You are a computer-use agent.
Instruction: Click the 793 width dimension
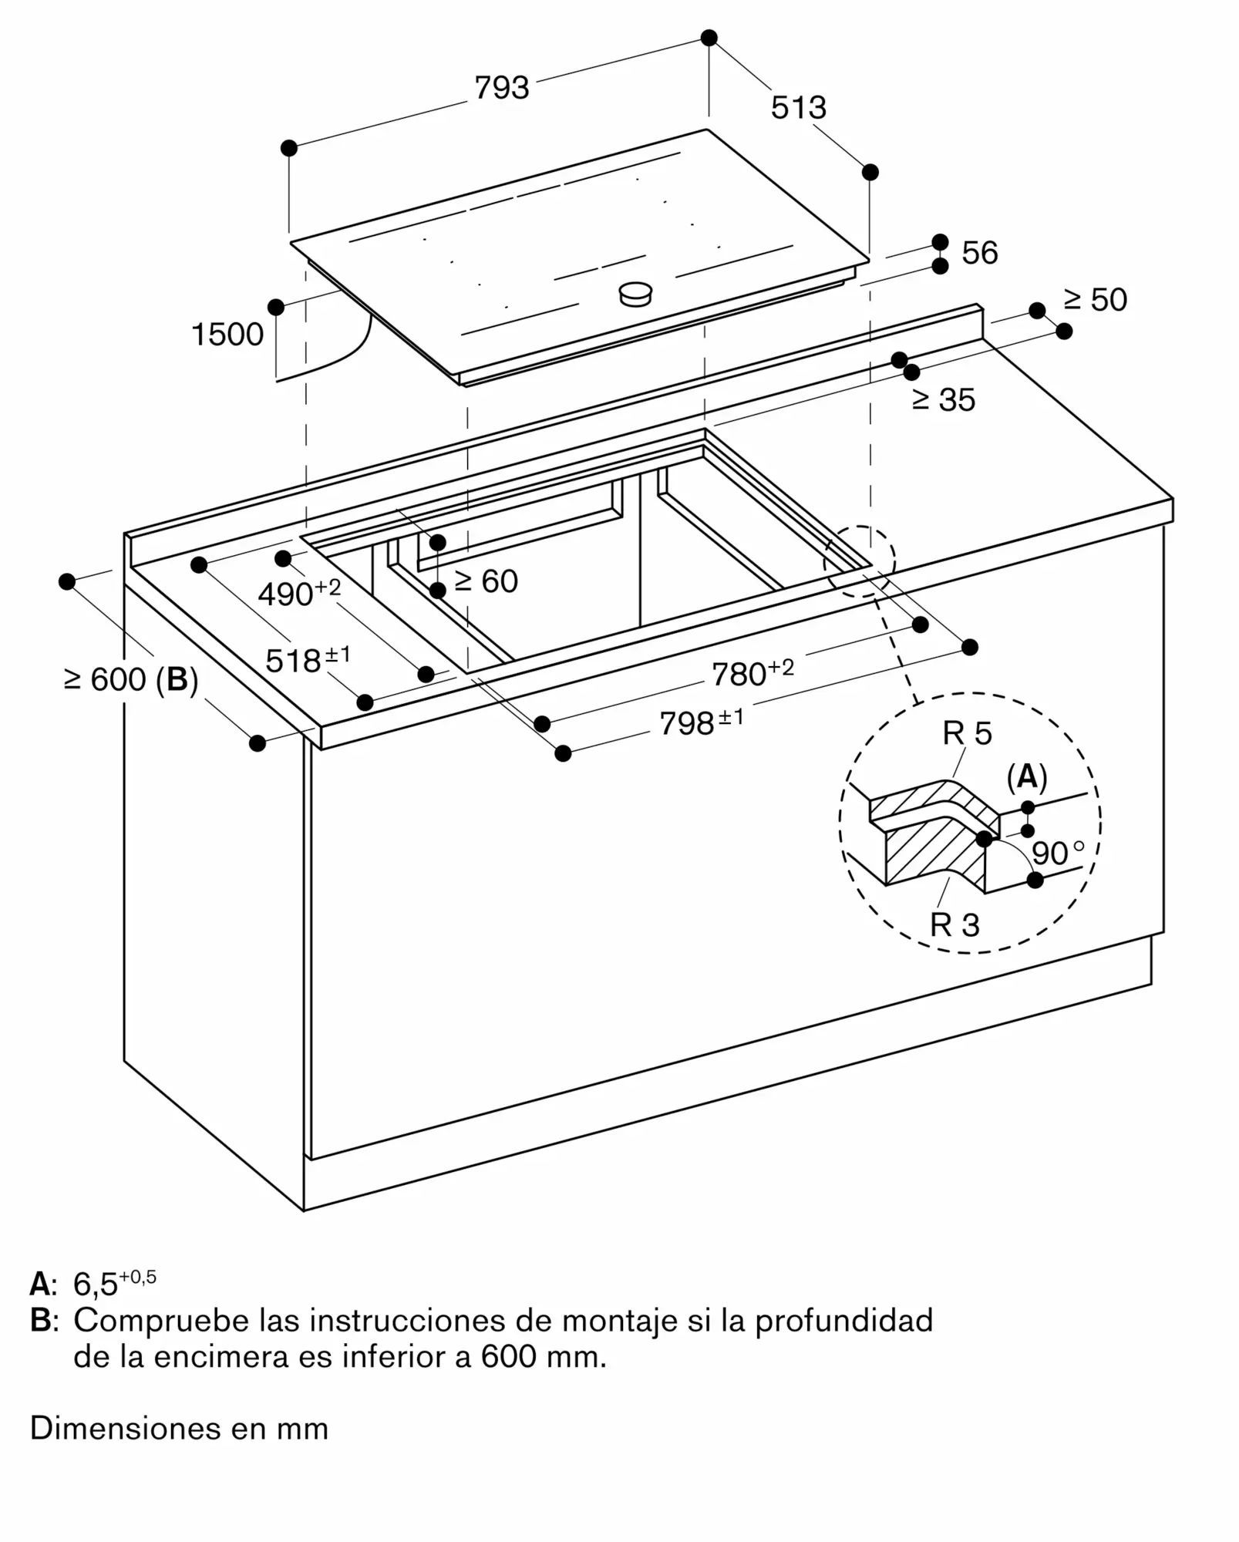coord(502,88)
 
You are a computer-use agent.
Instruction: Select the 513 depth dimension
coord(798,108)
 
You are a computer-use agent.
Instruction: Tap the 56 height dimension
coord(979,253)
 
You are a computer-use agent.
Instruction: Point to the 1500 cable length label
coord(227,335)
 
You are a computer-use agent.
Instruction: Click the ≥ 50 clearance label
coord(1095,300)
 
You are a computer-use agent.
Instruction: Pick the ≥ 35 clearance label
coord(944,399)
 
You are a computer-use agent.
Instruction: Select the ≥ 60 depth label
coord(486,581)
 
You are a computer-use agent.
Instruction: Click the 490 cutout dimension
coord(298,593)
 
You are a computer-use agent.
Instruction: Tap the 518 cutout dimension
coord(307,660)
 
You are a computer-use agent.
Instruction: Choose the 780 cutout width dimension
coord(752,672)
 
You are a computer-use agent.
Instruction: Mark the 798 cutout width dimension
coord(701,722)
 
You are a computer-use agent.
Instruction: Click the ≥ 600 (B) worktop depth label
coord(131,679)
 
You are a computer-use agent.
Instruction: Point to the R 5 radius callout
coord(967,733)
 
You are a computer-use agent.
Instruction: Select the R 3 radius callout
coord(955,924)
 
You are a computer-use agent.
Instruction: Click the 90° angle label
coord(1057,853)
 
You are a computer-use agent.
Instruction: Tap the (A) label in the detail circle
coord(1026,777)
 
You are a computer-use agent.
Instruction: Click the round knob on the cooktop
coord(636,293)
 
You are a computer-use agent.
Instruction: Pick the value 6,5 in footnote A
coord(95,1284)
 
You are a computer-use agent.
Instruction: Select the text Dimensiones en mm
coord(179,1429)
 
